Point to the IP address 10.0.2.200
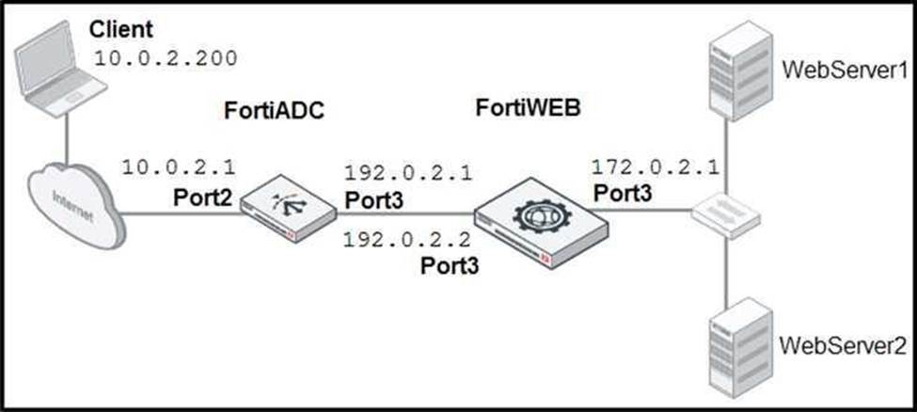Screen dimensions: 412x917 (x=165, y=58)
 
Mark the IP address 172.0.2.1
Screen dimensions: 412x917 (x=655, y=168)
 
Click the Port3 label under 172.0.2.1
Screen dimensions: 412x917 (x=624, y=192)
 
